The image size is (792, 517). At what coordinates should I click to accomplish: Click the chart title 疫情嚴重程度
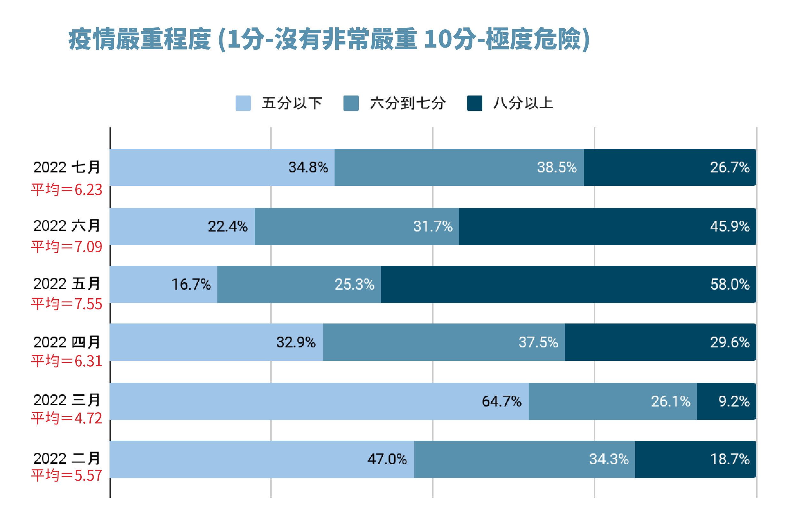[329, 39]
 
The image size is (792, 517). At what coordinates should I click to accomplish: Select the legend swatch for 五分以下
[243, 103]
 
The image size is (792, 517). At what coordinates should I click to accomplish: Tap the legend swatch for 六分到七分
[351, 103]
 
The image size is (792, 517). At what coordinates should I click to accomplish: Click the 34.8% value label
[308, 167]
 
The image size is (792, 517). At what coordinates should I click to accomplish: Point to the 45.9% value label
[729, 226]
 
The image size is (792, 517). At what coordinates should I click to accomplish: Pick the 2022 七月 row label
[66, 167]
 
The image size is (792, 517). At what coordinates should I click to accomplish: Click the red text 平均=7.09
[66, 247]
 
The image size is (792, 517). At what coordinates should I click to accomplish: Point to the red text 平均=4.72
[66, 418]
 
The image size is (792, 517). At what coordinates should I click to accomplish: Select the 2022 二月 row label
[66, 459]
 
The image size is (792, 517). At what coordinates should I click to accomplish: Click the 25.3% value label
[354, 284]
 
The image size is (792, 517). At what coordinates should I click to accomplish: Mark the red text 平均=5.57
[66, 475]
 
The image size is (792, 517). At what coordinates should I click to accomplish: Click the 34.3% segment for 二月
[524, 459]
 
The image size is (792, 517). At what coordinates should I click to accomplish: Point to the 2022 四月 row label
[66, 342]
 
